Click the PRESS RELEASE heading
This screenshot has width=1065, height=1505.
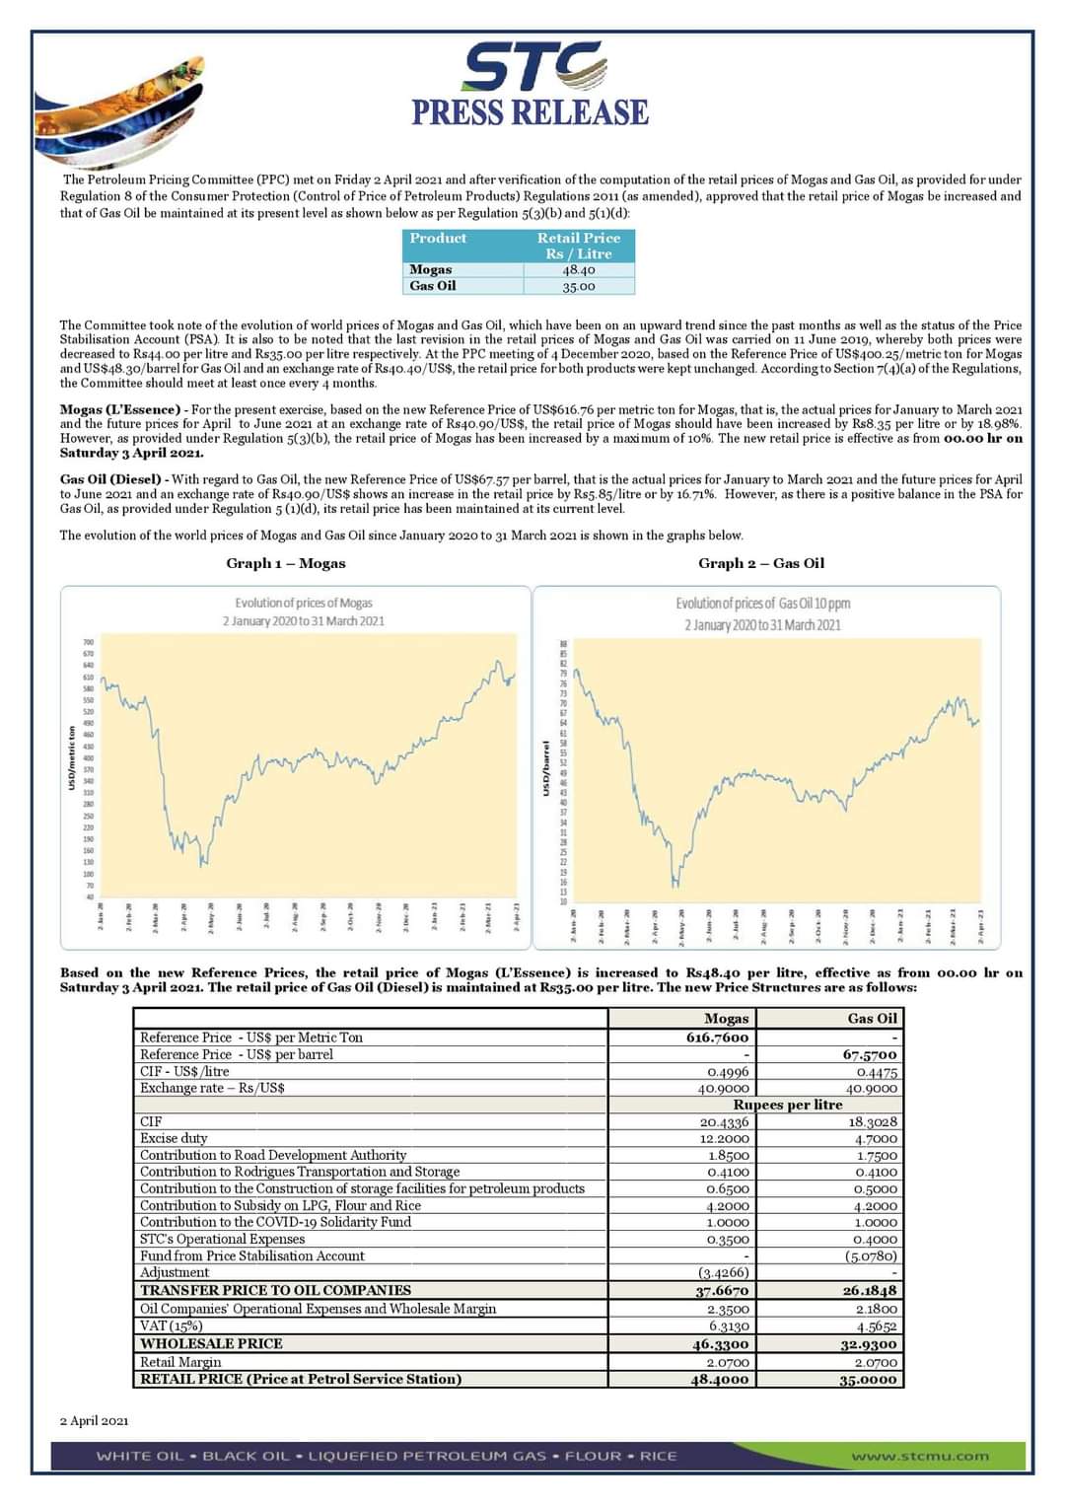tap(531, 112)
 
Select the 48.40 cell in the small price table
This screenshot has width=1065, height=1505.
tap(579, 269)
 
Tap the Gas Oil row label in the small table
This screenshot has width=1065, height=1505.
tap(433, 286)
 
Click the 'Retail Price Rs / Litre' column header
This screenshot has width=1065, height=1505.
tap(579, 246)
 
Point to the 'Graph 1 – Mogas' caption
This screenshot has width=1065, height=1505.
tap(286, 563)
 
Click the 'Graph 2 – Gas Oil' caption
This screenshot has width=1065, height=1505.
tap(761, 563)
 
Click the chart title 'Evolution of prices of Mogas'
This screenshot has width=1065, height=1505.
tap(304, 603)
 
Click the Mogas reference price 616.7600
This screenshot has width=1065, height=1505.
tap(718, 1038)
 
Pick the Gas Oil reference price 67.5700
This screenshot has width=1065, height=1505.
tap(870, 1054)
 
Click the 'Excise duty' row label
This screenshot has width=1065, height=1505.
tap(174, 1138)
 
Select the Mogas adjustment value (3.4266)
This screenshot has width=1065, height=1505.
tap(723, 1272)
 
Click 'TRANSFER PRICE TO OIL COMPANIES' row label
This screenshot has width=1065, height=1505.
tap(275, 1290)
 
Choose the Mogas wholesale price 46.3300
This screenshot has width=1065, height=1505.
tap(721, 1344)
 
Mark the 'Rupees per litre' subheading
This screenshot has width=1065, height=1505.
tap(788, 1105)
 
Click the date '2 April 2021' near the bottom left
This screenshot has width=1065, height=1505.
tap(94, 1420)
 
